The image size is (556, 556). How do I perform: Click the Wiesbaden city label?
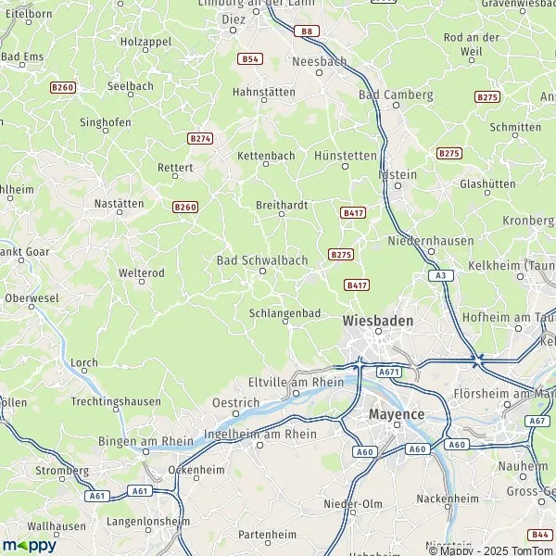(377, 320)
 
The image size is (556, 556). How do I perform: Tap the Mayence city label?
(396, 413)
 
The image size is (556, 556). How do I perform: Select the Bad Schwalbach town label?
(261, 260)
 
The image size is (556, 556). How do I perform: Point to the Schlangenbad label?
(284, 314)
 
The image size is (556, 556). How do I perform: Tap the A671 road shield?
(387, 371)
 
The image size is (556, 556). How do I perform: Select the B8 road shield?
(306, 32)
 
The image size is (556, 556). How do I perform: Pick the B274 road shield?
(200, 138)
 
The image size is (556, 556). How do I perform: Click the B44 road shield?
(540, 534)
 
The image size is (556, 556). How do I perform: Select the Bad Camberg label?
(396, 95)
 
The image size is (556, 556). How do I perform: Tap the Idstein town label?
(398, 174)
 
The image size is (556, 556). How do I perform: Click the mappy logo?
(29, 545)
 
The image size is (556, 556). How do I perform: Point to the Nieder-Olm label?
(339, 503)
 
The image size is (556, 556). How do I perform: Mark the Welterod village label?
(142, 273)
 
